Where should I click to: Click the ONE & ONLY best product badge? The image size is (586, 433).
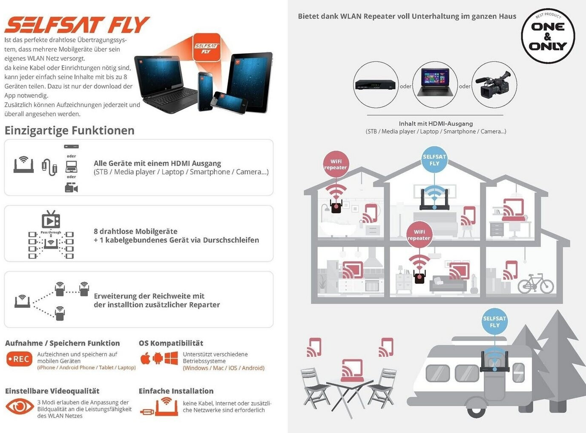click(548, 36)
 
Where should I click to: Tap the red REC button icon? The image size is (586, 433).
click(19, 359)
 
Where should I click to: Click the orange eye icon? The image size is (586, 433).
click(20, 407)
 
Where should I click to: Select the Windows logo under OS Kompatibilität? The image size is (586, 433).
click(171, 358)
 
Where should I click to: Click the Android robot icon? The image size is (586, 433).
click(158, 358)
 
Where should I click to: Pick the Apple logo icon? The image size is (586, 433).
click(145, 358)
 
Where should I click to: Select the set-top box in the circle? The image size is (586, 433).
click(375, 85)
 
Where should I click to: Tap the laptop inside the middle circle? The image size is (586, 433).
click(435, 83)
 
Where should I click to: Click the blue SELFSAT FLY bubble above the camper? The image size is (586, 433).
click(494, 322)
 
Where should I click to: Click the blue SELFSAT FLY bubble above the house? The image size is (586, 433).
click(434, 160)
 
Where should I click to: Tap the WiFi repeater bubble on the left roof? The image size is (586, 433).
click(336, 164)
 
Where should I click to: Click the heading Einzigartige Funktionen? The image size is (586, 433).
click(69, 131)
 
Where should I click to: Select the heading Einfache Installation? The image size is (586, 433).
click(176, 391)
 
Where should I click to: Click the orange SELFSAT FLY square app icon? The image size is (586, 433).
click(207, 48)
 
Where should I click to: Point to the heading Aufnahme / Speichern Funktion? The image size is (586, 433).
click(62, 343)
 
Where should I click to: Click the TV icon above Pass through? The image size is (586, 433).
click(51, 219)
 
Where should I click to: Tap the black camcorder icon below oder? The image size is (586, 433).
click(72, 187)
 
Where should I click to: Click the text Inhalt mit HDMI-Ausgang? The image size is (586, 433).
click(436, 123)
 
